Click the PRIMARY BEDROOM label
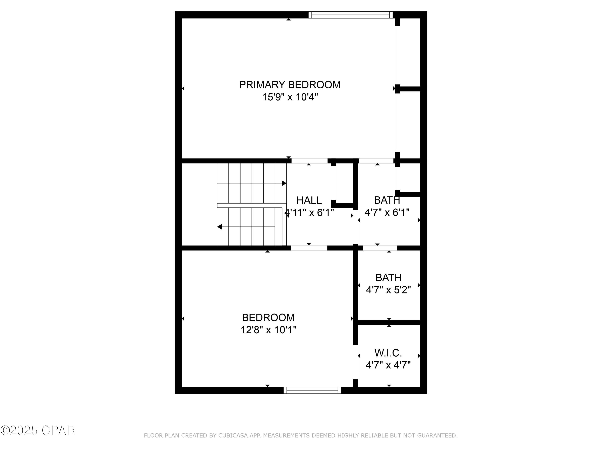(290, 85)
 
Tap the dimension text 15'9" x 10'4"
(290, 97)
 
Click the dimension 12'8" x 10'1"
(268, 330)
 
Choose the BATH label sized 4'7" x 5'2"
(388, 278)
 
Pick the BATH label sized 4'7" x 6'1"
(387, 200)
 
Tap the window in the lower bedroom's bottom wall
(312, 390)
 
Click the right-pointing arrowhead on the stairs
(284, 183)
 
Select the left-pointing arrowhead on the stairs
(220, 227)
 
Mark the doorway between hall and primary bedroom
(309, 161)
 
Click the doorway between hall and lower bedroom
(309, 248)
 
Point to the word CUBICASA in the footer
(233, 436)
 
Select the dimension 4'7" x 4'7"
(388, 365)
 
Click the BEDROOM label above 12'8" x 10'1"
(268, 318)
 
